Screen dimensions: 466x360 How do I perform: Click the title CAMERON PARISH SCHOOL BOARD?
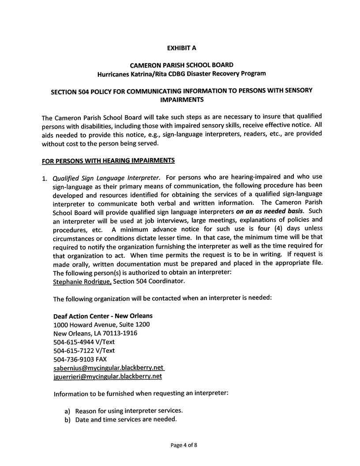(x=181, y=65)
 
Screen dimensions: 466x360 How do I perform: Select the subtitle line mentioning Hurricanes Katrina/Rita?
(x=181, y=73)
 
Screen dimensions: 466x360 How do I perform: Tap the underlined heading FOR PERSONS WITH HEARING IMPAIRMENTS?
(x=108, y=160)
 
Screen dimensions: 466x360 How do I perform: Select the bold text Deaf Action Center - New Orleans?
(x=103, y=316)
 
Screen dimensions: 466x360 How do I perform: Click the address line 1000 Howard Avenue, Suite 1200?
(x=101, y=325)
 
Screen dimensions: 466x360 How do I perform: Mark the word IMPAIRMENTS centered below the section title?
(x=181, y=100)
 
